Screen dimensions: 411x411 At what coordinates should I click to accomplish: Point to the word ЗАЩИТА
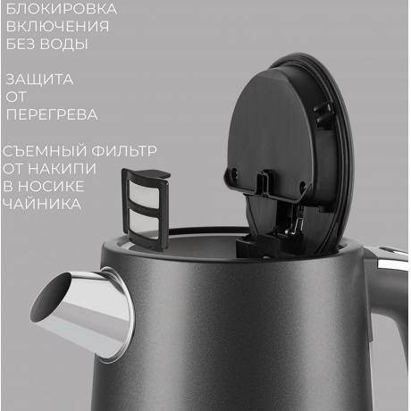pyautogui.click(x=38, y=80)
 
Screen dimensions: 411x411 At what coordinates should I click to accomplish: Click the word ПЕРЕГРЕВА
pyautogui.click(x=51, y=114)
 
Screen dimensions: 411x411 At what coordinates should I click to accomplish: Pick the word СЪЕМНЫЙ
pyautogui.click(x=43, y=150)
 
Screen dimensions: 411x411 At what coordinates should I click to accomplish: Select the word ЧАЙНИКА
pyautogui.click(x=42, y=204)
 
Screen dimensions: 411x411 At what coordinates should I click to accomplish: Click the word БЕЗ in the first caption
pyautogui.click(x=21, y=43)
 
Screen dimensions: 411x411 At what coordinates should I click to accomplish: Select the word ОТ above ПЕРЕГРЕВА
pyautogui.click(x=17, y=96)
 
